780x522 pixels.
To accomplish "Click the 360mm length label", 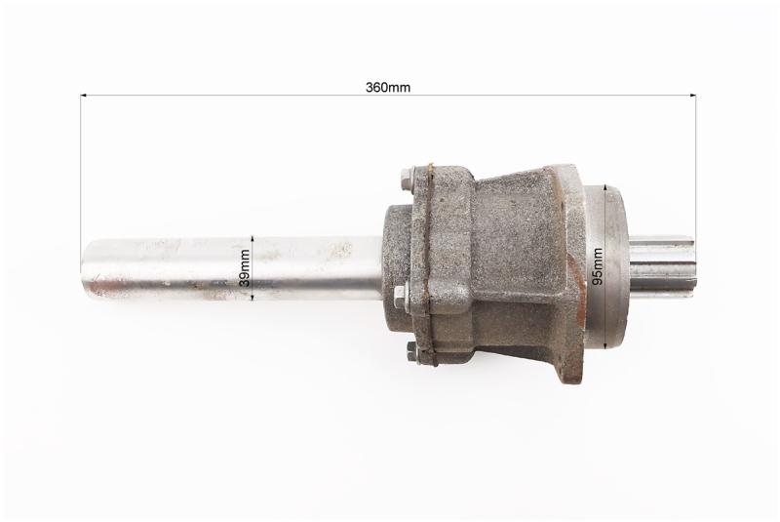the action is [388, 88].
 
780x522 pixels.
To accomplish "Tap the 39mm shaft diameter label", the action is [244, 267].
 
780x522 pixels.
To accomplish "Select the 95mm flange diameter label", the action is [598, 266].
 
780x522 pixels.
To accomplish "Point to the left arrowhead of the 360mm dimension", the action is [84, 94].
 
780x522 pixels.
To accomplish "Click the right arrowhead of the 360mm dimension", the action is [692, 95].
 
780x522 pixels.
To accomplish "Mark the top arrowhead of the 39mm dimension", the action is [253, 239].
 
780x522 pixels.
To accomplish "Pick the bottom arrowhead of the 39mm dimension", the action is [253, 297].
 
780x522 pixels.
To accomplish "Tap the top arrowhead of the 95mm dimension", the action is [604, 187].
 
